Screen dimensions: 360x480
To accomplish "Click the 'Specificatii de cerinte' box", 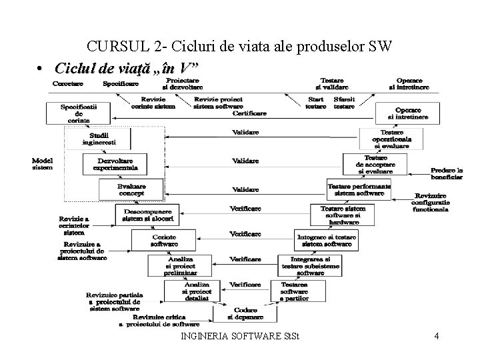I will click(79, 112).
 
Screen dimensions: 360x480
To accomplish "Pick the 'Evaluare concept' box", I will click(131, 189).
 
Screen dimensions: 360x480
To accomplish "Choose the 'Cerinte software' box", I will click(163, 239).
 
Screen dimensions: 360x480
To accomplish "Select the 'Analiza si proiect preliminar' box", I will click(180, 263).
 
